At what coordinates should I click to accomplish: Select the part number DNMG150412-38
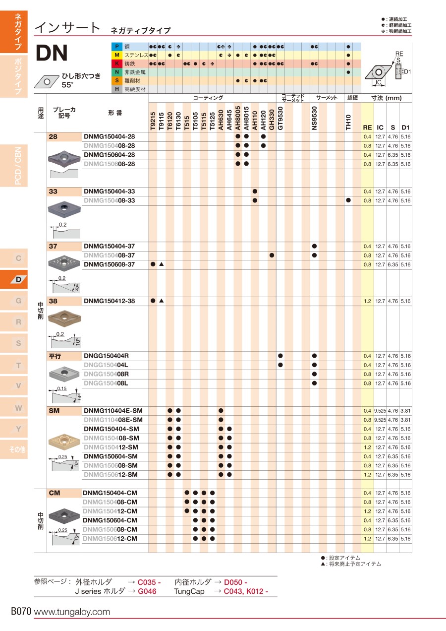tap(109, 301)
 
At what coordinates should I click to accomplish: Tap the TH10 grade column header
tap(348, 122)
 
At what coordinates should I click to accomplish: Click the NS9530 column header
tap(314, 118)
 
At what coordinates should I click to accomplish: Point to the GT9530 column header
tap(280, 118)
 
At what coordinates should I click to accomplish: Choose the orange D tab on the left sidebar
tap(18, 279)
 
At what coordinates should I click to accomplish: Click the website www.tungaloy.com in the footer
tap(72, 612)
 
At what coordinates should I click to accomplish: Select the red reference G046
tap(147, 591)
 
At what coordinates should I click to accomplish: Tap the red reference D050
tap(235, 582)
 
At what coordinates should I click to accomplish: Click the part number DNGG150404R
tap(106, 356)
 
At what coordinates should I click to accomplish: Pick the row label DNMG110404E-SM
tap(113, 411)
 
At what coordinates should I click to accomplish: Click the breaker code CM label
tap(55, 493)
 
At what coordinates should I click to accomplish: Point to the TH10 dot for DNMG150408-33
tap(348, 200)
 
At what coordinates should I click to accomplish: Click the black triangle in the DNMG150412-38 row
tap(162, 301)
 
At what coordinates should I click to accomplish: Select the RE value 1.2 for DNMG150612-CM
tap(367, 539)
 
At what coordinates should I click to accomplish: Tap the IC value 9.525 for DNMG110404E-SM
tap(380, 411)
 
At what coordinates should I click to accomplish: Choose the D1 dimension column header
tap(405, 127)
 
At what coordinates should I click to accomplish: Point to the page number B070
tap(21, 612)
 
